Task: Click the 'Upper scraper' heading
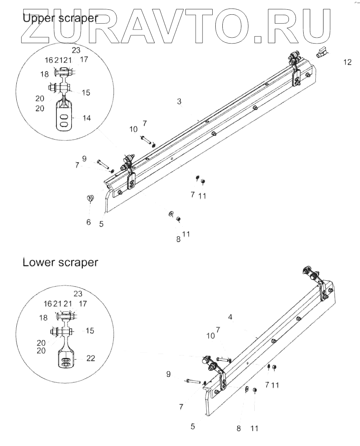(60, 18)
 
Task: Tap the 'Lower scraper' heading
(60, 262)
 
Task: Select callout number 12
(347, 62)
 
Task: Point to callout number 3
(179, 102)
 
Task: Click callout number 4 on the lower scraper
(230, 317)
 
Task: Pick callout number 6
(89, 222)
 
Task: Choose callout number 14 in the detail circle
(87, 117)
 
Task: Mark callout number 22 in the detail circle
(90, 359)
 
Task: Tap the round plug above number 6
(91, 198)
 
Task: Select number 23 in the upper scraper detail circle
(76, 50)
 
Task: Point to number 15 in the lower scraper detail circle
(90, 331)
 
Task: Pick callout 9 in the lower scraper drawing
(168, 374)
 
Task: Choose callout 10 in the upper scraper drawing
(133, 129)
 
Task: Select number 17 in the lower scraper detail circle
(83, 304)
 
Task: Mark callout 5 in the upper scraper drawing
(101, 224)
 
